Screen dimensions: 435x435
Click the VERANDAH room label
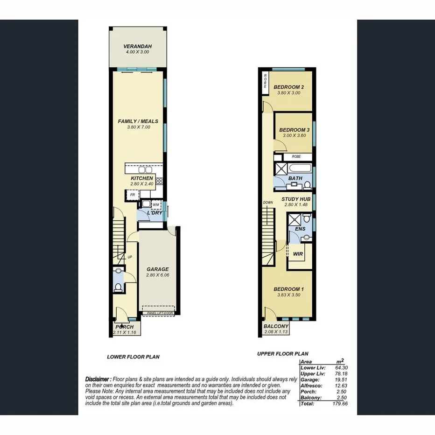pyautogui.click(x=138, y=47)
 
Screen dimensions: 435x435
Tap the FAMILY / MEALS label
pyautogui.click(x=138, y=121)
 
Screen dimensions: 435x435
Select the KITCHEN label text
pyautogui.click(x=142, y=178)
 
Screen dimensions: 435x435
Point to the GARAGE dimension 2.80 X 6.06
pyautogui.click(x=157, y=275)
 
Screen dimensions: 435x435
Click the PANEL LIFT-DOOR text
pyautogui.click(x=159, y=313)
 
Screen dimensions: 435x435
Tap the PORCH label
pyautogui.click(x=125, y=327)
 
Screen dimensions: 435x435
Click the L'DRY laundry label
pyautogui.click(x=154, y=213)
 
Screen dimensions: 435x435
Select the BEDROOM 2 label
pyautogui.click(x=289, y=87)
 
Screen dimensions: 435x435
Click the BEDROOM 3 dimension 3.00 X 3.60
pyautogui.click(x=294, y=136)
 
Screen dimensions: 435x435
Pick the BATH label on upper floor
pyautogui.click(x=295, y=178)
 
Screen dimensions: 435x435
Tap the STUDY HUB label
pyautogui.click(x=295, y=199)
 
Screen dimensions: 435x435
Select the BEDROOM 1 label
pyautogui.click(x=289, y=289)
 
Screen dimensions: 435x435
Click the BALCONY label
pyautogui.click(x=276, y=326)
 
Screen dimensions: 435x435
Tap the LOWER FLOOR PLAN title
pyautogui.click(x=133, y=357)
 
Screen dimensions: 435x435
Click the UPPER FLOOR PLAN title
pyautogui.click(x=283, y=354)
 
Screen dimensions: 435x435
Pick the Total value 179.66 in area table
pyautogui.click(x=340, y=403)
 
